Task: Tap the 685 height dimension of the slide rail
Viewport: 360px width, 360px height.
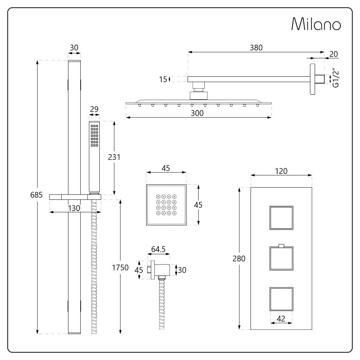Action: coord(37,195)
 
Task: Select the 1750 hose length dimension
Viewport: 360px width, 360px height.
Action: coord(120,267)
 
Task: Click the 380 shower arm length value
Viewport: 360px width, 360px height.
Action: coord(256,48)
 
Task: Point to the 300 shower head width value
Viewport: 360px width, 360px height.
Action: coord(197,113)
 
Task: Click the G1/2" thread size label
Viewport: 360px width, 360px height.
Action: coord(336,78)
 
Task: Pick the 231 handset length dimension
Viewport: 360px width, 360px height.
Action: coord(113,157)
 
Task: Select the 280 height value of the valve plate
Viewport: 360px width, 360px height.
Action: coord(239,258)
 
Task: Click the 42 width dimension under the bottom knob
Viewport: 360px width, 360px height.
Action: coord(281,318)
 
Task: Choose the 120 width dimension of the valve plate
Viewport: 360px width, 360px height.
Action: coord(281,171)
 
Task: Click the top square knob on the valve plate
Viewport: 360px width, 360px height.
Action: coord(281,218)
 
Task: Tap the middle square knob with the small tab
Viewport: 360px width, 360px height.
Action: coord(281,258)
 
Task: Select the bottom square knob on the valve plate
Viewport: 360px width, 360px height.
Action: coord(281,299)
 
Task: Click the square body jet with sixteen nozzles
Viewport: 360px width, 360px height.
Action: coord(166,205)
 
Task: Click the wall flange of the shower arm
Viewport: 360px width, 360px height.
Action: coord(312,79)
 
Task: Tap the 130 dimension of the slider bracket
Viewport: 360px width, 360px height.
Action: coord(75,208)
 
